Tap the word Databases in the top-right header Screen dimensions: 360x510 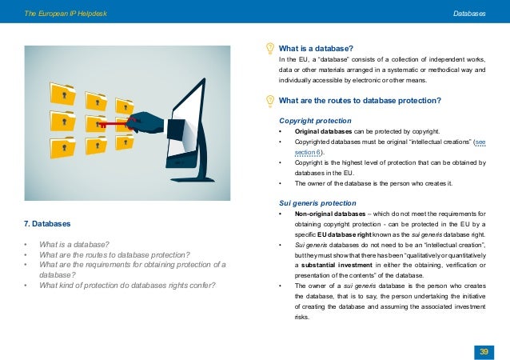[469, 14]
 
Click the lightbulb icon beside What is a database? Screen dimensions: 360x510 [270, 48]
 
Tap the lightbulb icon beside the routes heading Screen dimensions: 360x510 [270, 101]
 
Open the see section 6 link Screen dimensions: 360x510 [300, 150]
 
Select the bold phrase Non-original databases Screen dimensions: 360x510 [326, 214]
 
